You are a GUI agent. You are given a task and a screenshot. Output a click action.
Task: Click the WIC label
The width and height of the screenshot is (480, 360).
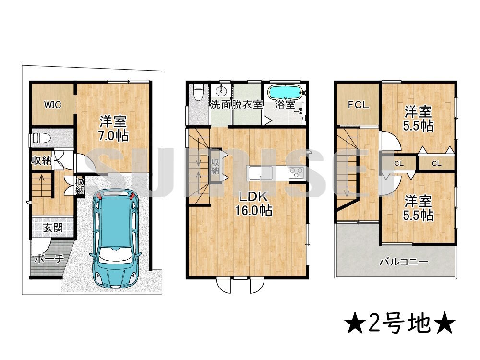(x=52, y=105)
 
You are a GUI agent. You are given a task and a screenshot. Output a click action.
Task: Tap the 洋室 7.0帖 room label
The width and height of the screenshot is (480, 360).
(x=114, y=128)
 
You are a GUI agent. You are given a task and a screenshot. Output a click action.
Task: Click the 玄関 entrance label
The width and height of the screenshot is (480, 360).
(x=53, y=228)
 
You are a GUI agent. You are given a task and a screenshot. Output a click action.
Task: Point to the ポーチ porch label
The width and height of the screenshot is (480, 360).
(x=48, y=259)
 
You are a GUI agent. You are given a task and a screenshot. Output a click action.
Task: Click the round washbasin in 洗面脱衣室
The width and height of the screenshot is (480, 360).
(x=222, y=91)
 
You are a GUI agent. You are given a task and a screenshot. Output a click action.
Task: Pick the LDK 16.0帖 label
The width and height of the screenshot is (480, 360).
(x=253, y=204)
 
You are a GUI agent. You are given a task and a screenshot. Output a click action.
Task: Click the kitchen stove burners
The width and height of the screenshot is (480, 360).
(x=294, y=172)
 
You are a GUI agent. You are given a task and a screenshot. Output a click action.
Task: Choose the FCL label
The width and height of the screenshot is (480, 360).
(x=358, y=105)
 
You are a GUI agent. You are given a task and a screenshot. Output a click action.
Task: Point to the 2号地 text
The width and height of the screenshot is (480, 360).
(x=399, y=325)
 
